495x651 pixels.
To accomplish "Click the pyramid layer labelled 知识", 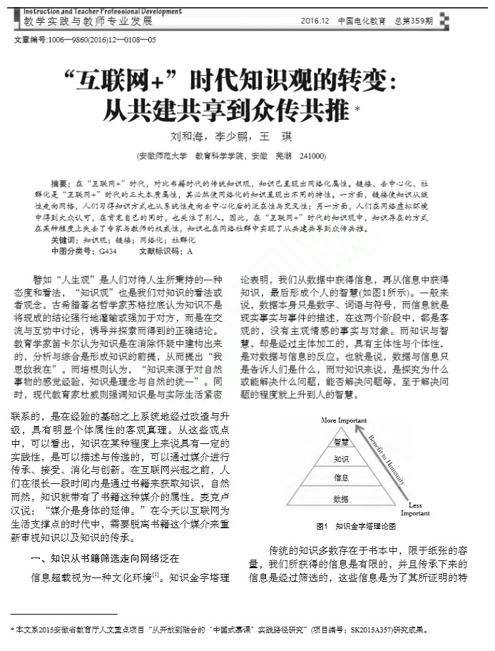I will click(340, 459).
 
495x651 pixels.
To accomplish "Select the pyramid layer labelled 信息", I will click(340, 477).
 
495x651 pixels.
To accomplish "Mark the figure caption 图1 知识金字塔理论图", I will click(354, 526).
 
